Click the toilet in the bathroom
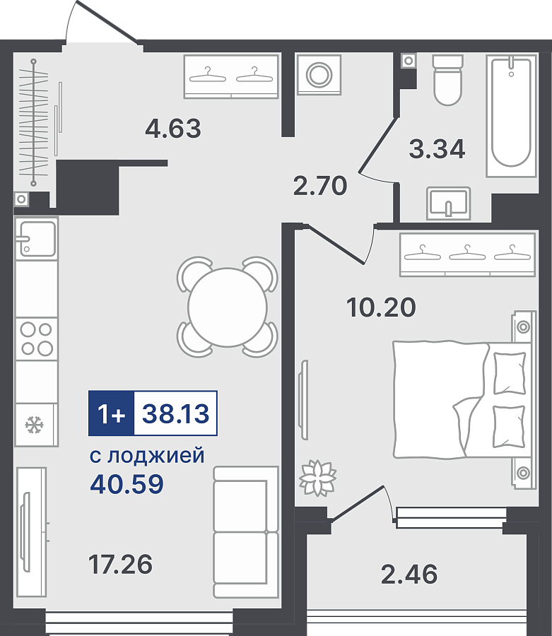[448, 80]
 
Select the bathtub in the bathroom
[512, 116]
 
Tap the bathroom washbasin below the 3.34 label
[448, 204]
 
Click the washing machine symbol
[319, 75]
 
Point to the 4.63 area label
[173, 128]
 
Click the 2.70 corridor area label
[320, 185]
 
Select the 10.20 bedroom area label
[381, 307]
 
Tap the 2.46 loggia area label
[409, 574]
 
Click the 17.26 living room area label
[120, 564]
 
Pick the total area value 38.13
[175, 413]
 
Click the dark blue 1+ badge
[111, 413]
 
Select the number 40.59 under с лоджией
[127, 483]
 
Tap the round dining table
[228, 307]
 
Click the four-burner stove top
[37, 339]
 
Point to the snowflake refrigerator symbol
[35, 425]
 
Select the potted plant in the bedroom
[317, 478]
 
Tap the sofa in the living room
[246, 532]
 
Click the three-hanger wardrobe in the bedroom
[468, 254]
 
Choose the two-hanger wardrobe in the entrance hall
[231, 76]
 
